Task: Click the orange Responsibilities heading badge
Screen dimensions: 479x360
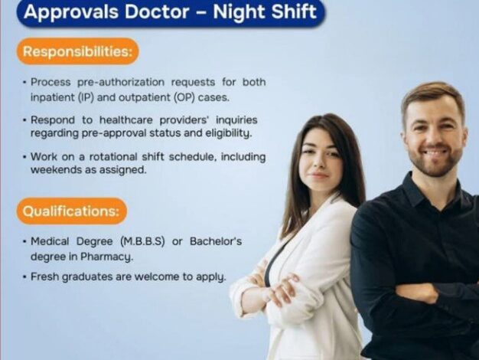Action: coord(78,51)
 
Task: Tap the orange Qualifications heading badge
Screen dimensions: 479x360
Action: coord(71,211)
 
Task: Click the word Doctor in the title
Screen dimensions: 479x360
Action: coord(157,11)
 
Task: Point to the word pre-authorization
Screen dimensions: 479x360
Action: coord(121,82)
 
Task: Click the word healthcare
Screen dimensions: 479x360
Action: coord(125,120)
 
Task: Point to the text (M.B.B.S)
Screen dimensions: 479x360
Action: coord(142,241)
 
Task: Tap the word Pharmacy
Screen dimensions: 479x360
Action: coord(106,257)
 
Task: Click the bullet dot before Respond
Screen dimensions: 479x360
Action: coord(24,120)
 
